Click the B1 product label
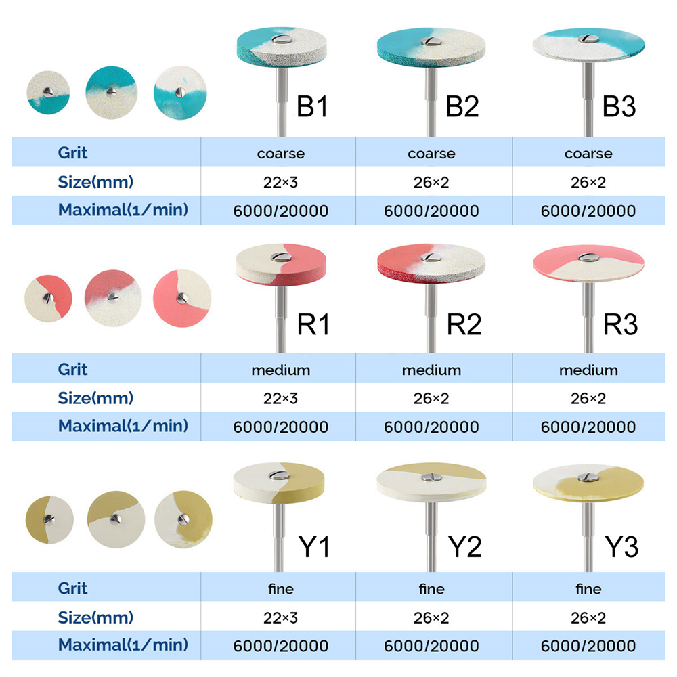click(312, 106)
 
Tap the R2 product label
click(464, 324)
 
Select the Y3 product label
click(621, 546)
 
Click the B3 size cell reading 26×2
click(588, 183)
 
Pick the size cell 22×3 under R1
click(281, 399)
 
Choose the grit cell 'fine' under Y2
click(431, 589)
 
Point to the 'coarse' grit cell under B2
click(431, 154)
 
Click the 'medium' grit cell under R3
click(588, 370)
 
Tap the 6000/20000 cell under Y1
click(281, 646)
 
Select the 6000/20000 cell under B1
click(281, 211)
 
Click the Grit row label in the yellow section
click(72, 588)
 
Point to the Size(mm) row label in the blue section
click(95, 181)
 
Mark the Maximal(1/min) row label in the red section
click(123, 426)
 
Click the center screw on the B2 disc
click(431, 41)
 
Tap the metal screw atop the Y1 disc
click(280, 475)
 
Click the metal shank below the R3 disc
click(588, 318)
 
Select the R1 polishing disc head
click(281, 265)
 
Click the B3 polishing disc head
click(588, 45)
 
